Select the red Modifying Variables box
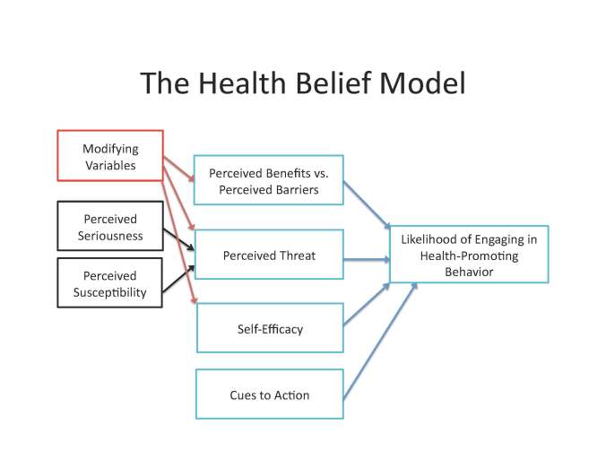(x=110, y=156)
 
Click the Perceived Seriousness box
(x=110, y=227)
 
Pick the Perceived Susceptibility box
(x=110, y=283)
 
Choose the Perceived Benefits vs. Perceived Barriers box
(x=268, y=180)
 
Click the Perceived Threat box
(x=268, y=255)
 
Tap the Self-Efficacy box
(x=268, y=328)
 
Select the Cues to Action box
(x=268, y=394)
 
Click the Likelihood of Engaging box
(x=469, y=255)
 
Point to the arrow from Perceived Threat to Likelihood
(x=367, y=259)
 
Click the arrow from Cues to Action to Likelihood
(x=380, y=342)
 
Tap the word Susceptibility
(x=110, y=291)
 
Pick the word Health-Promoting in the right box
(x=469, y=255)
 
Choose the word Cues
(x=244, y=394)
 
